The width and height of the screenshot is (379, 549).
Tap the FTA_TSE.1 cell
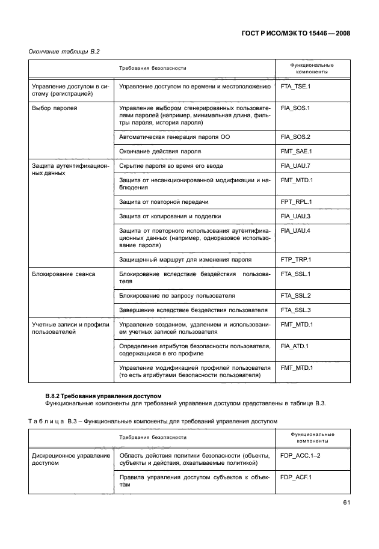pos(295,87)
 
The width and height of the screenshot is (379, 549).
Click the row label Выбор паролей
pos(54,108)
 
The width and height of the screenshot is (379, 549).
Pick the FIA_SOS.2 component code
pos(295,137)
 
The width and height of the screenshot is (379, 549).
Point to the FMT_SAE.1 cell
pos(296,152)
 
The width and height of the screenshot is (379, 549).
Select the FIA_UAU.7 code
pos(295,165)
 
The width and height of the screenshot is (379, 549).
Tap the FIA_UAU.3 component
pos(295,216)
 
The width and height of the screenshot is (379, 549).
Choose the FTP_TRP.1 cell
pos(295,260)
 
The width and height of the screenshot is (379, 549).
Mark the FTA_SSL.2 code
pos(295,296)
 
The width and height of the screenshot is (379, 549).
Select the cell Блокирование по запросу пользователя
pos(177,296)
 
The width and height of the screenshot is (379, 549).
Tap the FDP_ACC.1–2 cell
pos(300,456)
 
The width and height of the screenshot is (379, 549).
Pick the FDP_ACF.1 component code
pos(295,477)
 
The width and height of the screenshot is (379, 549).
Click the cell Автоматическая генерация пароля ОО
pos(174,137)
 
